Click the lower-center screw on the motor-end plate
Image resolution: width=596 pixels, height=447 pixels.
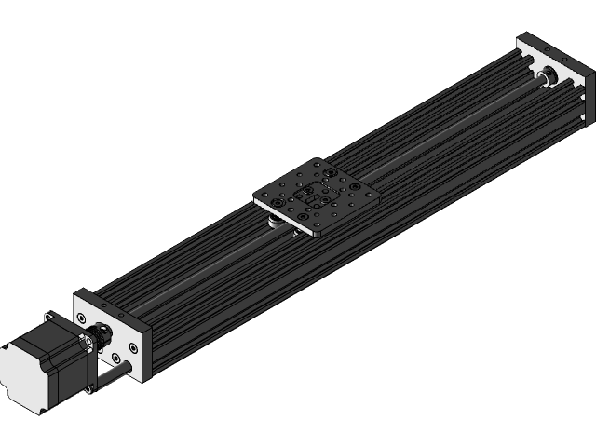click(115, 357)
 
